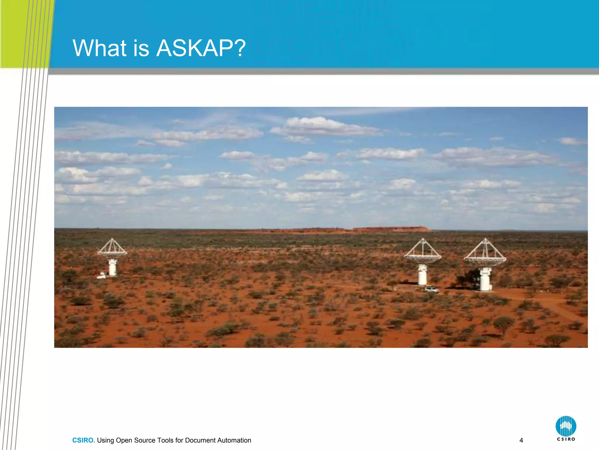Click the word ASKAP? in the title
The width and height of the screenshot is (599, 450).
coord(201,48)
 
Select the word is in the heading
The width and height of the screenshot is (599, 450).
coord(141,48)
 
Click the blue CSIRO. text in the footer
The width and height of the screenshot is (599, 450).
coord(83,440)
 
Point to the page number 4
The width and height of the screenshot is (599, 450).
coord(521,440)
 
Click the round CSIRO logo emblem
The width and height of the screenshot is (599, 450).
coord(566,426)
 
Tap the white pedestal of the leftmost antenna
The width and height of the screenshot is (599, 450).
coord(113,267)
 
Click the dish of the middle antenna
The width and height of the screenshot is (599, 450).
coord(423,258)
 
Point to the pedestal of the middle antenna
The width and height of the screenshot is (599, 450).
coord(422,275)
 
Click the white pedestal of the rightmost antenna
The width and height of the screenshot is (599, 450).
coord(485,280)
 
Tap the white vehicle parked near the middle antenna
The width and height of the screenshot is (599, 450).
coord(432,290)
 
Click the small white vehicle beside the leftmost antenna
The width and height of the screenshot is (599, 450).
coord(102,275)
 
